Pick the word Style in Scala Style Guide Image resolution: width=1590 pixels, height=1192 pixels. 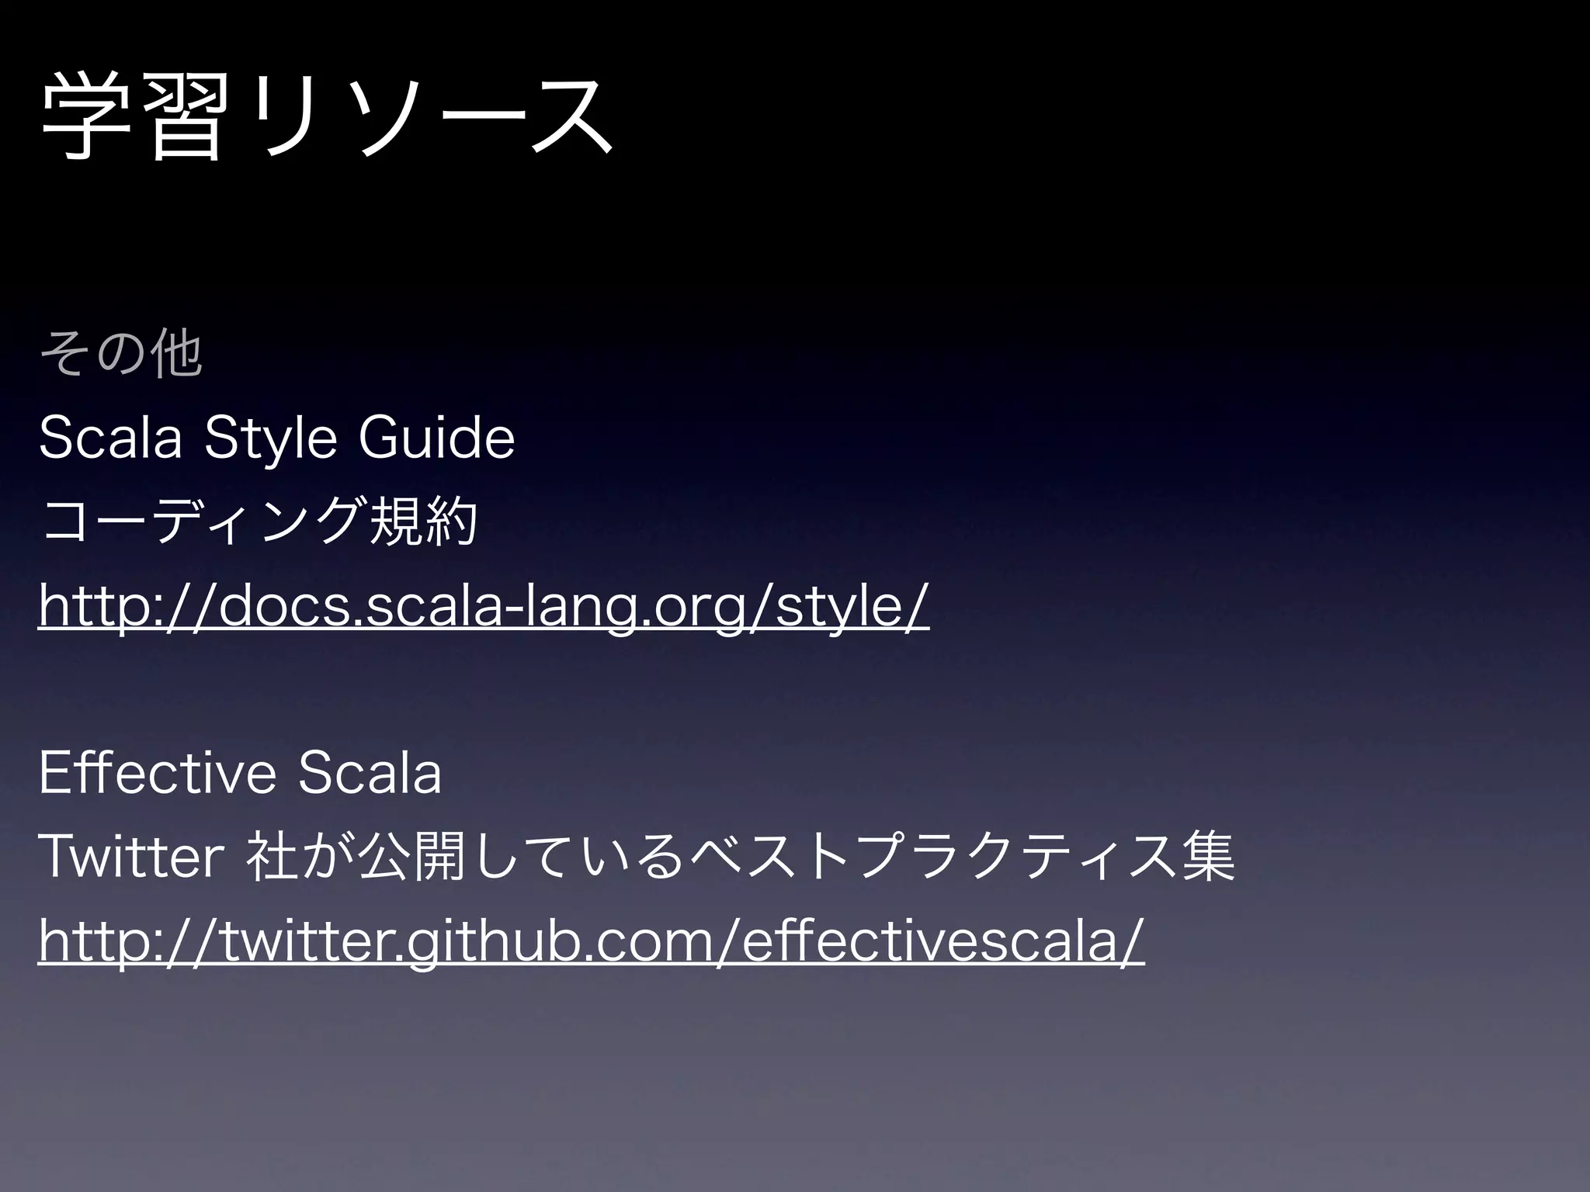271,438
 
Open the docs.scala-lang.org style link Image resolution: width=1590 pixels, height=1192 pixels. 484,606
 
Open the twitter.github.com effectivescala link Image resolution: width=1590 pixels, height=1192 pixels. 591,941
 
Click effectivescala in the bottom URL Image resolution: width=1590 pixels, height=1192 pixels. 932,941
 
